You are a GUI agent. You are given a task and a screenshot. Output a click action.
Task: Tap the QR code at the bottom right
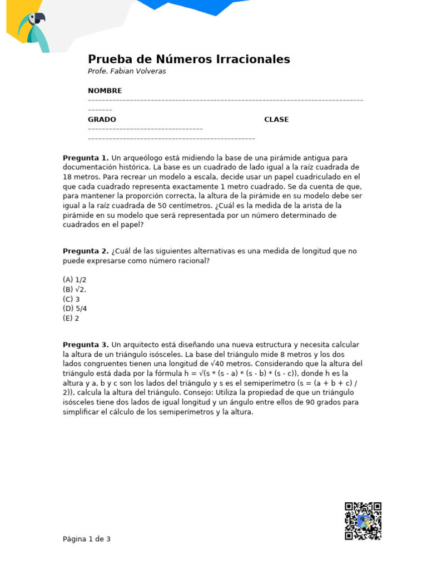coord(363,521)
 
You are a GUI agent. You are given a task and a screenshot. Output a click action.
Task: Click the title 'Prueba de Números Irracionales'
coord(189,59)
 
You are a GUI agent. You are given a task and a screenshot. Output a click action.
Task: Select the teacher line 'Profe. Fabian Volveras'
coord(127,72)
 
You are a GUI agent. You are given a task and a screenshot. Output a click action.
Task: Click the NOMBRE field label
coord(105,91)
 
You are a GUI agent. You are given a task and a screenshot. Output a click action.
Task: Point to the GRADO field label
coord(102,119)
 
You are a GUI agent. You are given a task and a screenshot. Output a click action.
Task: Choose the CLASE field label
coord(276,119)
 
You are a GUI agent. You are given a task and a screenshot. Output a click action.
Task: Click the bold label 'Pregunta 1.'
coord(86,158)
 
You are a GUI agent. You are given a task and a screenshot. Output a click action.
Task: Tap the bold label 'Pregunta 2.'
coord(86,251)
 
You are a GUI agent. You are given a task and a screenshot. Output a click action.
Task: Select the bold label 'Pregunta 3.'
coord(86,345)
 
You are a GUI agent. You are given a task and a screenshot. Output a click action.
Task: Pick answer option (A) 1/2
coord(75,280)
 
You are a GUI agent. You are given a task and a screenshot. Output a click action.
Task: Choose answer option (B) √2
coord(75,290)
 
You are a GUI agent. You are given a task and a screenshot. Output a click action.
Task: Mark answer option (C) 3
coord(72,299)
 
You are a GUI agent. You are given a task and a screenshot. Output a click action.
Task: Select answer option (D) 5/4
coord(75,308)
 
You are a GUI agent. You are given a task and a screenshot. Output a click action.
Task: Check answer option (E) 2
coord(71,318)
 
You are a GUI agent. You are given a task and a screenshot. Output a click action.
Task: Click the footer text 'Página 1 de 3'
coord(87,539)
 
